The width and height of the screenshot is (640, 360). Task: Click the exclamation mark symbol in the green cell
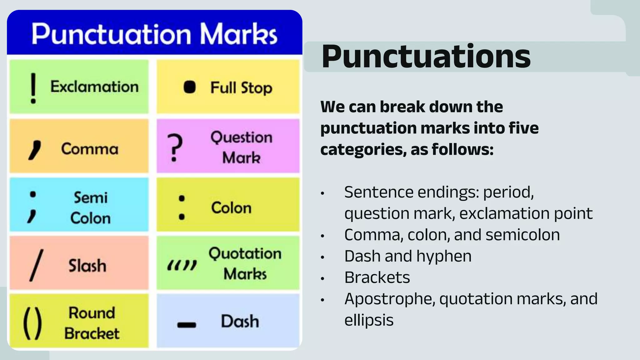[33, 88]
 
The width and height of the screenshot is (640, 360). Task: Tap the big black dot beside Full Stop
[189, 87]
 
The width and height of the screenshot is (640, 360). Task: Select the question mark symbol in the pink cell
[175, 148]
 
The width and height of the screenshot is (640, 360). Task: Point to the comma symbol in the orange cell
[35, 150]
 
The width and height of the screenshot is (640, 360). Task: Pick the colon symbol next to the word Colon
[182, 207]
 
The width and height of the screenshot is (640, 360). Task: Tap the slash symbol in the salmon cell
[36, 266]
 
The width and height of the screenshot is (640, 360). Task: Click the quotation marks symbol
[182, 265]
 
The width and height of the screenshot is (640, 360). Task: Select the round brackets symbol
[32, 323]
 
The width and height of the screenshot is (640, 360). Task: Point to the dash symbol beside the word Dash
[187, 325]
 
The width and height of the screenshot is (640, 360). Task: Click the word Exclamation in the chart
[94, 87]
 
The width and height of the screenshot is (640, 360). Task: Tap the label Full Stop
[241, 88]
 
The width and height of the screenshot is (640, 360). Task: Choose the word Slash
[87, 266]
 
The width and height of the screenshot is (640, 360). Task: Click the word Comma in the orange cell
[90, 149]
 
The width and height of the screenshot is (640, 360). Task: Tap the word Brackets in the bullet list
[377, 277]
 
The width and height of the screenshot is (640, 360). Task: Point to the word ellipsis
[369, 320]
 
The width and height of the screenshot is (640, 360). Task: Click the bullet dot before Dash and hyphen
[322, 257]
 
